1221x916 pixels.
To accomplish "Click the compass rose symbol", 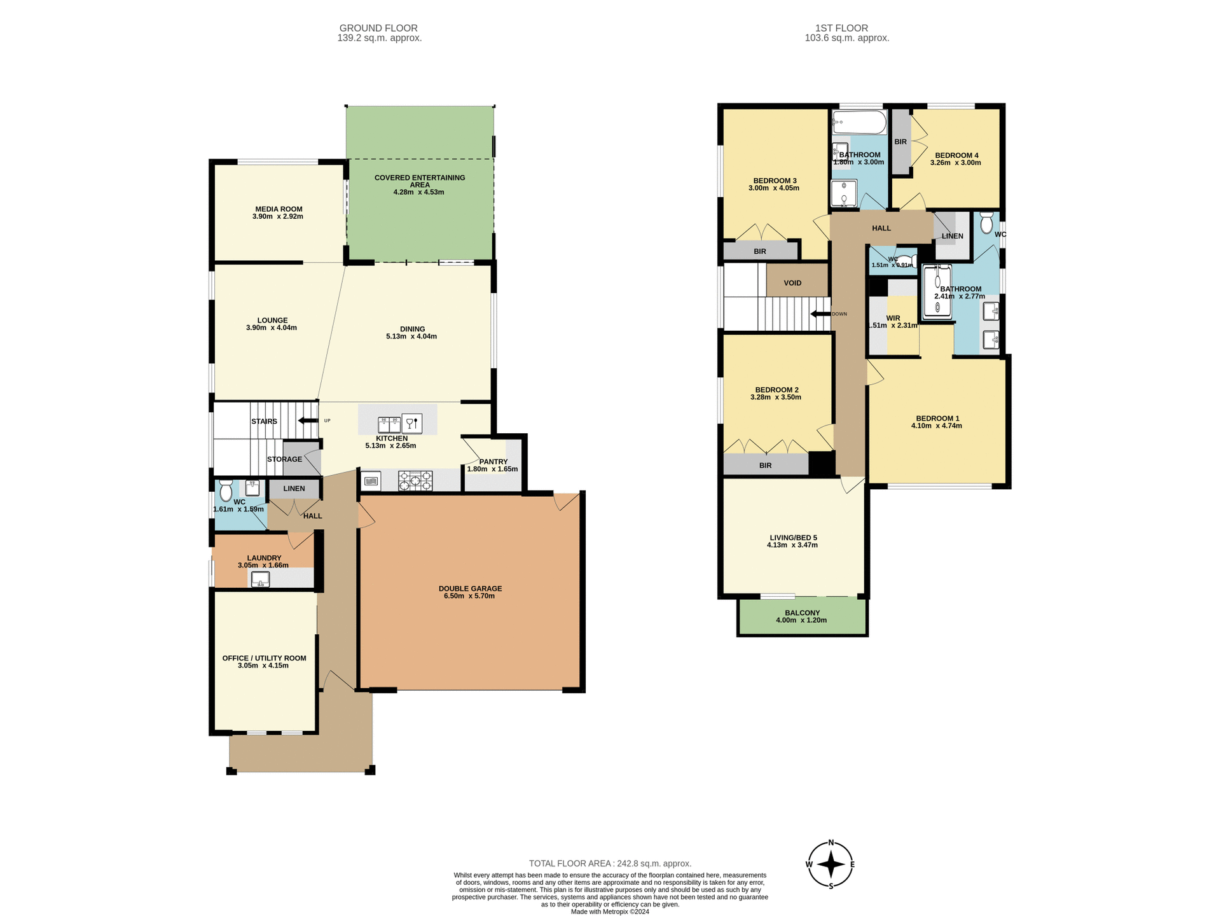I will tap(831, 864).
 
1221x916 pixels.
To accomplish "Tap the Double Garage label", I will tap(470, 588).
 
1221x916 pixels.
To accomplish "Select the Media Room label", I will tap(279, 209).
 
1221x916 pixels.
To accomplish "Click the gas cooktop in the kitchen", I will tap(415, 481).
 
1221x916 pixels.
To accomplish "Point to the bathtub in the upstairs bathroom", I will tap(859, 122).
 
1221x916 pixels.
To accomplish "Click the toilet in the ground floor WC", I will tap(226, 491).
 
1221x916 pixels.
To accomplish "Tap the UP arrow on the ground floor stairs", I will tap(308, 420).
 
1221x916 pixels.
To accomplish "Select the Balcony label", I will tap(802, 613).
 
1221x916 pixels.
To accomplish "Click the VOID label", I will tap(792, 282).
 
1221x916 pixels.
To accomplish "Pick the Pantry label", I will tap(493, 462).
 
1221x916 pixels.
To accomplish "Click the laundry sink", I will tap(261, 579).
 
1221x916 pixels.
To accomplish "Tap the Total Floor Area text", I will tap(610, 863).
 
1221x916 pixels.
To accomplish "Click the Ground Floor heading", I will tap(378, 28).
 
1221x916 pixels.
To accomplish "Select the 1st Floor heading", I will tap(841, 28).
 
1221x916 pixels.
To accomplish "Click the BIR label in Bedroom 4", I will tap(900, 142).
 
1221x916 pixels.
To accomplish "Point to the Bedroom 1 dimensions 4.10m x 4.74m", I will tap(936, 426).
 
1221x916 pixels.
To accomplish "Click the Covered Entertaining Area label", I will tap(420, 181).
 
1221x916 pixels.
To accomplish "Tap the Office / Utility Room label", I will tap(264, 658).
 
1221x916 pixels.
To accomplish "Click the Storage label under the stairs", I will tap(284, 459).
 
